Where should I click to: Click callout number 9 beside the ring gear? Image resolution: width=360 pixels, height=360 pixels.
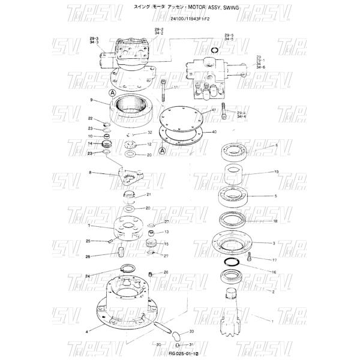[91, 100]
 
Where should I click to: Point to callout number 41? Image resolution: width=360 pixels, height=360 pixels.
[214, 111]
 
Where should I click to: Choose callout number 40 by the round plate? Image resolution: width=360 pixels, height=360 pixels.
[214, 131]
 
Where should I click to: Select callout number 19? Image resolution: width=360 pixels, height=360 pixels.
[277, 172]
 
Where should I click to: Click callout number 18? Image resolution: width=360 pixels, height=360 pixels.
[275, 221]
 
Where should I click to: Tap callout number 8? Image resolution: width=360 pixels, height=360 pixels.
[90, 173]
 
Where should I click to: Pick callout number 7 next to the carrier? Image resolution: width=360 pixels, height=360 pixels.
[89, 226]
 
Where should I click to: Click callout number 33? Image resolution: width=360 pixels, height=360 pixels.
[191, 331]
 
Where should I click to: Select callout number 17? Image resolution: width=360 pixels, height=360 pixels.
[274, 260]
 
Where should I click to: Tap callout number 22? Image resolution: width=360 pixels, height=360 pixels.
[91, 119]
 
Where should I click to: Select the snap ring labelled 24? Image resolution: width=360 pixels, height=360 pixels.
[127, 269]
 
